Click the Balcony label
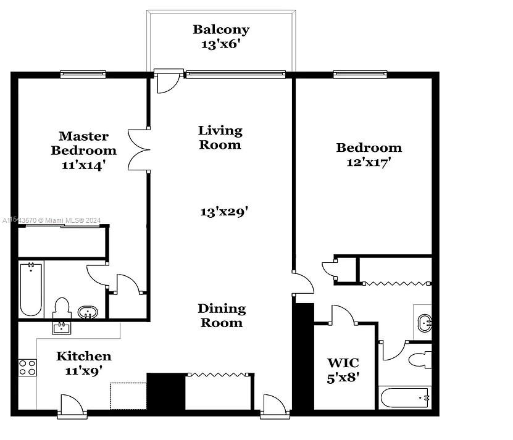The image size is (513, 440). tap(220, 29)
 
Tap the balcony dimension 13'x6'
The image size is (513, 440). tap(220, 44)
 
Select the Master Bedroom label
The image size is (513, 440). tap(83, 143)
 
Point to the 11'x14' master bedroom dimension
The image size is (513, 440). tap(83, 165)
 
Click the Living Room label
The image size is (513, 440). tap(220, 138)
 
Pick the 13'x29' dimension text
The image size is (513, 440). tap(223, 212)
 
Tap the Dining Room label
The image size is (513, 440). tap(221, 315)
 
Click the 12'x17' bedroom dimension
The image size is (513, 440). tap(369, 163)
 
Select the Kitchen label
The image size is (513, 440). tap(84, 356)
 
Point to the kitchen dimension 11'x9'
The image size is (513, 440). tap(84, 371)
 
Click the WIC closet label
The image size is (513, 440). tap(343, 363)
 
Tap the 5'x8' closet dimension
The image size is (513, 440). tap(343, 378)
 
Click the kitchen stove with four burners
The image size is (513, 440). tap(28, 368)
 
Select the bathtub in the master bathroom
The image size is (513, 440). tap(31, 289)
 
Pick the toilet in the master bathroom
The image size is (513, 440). tap(62, 307)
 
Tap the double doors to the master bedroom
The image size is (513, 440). tap(139, 149)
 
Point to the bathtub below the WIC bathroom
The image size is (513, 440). tap(405, 397)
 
